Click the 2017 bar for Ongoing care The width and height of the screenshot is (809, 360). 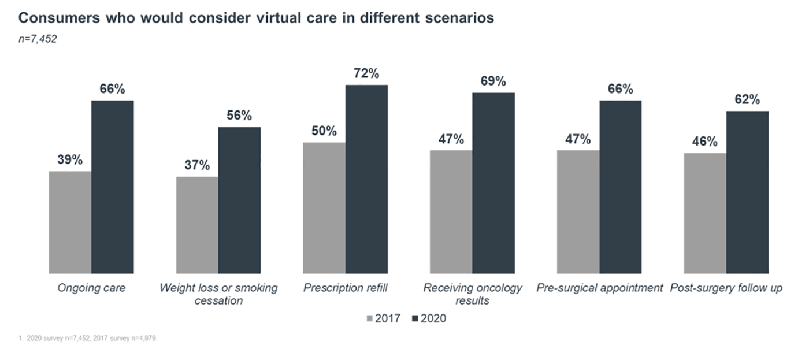coord(70,222)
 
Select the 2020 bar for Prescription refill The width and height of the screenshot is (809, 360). coord(366,179)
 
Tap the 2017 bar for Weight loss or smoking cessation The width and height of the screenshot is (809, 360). coord(197,225)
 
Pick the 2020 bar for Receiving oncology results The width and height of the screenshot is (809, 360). coord(493,183)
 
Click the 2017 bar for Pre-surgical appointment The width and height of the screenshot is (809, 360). coord(578,212)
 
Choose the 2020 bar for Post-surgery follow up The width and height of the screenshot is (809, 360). coord(747,192)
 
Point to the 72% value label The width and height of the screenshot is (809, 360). coord(366,74)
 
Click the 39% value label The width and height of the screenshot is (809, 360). coord(70,160)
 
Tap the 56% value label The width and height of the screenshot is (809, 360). coord(239,116)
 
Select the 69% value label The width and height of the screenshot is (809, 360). coord(493,81)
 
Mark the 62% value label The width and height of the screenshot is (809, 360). coord(747,99)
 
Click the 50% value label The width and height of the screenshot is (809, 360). coord(324,131)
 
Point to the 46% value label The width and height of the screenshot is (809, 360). coord(705,142)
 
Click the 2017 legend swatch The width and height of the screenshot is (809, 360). coord(370,318)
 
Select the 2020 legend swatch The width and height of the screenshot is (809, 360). coord(415,318)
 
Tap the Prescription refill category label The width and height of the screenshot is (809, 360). coord(346,288)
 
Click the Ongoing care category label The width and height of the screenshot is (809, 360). coord(91,288)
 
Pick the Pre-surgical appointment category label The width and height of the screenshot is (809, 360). coord(599,288)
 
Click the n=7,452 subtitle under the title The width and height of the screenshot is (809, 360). coord(37,40)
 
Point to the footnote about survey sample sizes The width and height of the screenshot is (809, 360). coord(87,339)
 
